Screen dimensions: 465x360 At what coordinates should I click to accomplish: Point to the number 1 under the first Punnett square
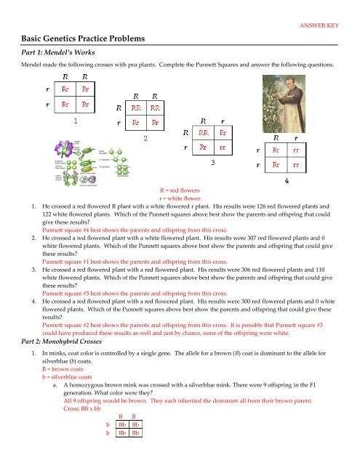[76, 123]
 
